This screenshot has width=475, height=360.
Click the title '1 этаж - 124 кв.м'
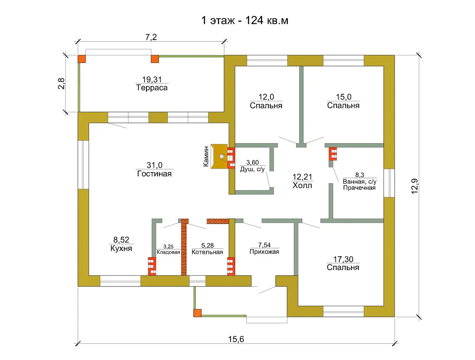pyautogui.click(x=245, y=21)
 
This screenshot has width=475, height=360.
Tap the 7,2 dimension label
pyautogui.click(x=151, y=37)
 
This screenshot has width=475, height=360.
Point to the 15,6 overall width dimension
pyautogui.click(x=236, y=339)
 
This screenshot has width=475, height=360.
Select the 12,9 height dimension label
pyautogui.click(x=414, y=186)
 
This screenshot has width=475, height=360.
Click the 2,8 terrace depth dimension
pyautogui.click(x=61, y=83)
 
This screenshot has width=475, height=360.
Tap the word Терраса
pyautogui.click(x=152, y=87)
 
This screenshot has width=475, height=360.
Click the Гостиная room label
pyautogui.click(x=154, y=173)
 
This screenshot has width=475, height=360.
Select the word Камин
pyautogui.click(x=206, y=157)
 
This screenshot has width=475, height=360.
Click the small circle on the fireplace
pyautogui.click(x=222, y=156)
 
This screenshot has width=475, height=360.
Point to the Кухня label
pyautogui.click(x=121, y=248)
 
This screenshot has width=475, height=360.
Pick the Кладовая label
pyautogui.click(x=168, y=252)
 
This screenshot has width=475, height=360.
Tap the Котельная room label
pyautogui.click(x=207, y=252)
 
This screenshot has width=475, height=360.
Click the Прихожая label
pyautogui.click(x=264, y=252)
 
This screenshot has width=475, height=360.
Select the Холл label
pyautogui.click(x=302, y=185)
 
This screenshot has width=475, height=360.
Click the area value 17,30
pyautogui.click(x=343, y=259)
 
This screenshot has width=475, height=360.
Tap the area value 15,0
pyautogui.click(x=344, y=97)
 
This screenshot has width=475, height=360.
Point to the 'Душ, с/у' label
pyautogui.click(x=252, y=169)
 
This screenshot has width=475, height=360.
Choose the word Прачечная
pyautogui.click(x=359, y=188)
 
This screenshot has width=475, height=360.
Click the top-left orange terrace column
pyautogui.click(x=82, y=59)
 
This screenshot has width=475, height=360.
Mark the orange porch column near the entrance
pyautogui.click(x=198, y=313)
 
